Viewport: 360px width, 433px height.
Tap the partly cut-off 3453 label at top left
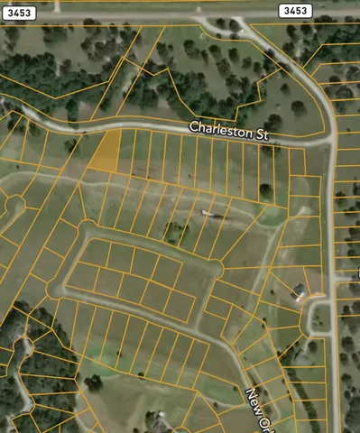(16, 12)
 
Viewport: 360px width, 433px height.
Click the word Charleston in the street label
(219, 129)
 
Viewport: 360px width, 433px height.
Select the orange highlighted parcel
(105, 151)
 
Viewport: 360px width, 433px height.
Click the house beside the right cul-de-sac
(299, 290)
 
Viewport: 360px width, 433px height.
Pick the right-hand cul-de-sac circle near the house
(318, 316)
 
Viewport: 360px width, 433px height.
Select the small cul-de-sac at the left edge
(12, 205)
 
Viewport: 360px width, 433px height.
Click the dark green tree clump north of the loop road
(174, 233)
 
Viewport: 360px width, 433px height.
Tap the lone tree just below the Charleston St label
(265, 190)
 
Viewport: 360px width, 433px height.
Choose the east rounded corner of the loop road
(217, 268)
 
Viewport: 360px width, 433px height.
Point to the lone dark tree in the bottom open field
(93, 382)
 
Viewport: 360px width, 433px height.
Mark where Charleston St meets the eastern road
(329, 139)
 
